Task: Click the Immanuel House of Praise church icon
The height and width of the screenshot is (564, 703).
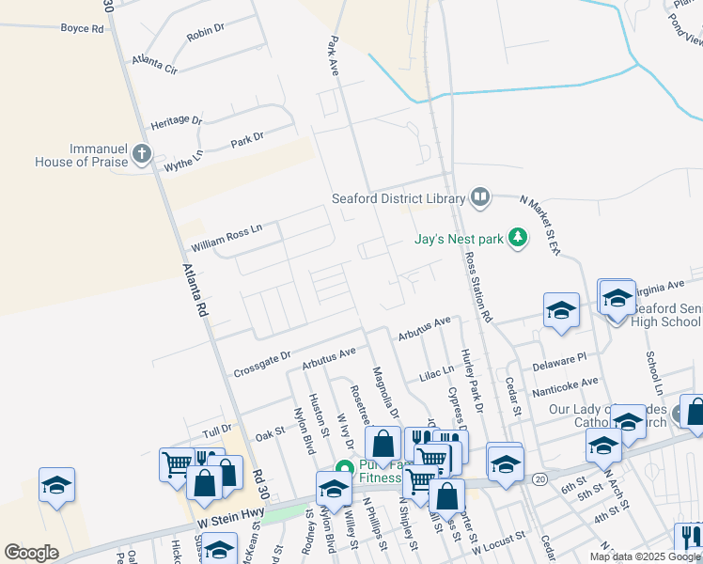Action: pos(142,153)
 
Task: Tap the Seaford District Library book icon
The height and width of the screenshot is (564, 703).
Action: pos(480,197)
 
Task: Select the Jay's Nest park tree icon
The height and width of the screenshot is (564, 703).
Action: pos(517,238)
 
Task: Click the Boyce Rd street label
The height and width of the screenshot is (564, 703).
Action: pos(82,28)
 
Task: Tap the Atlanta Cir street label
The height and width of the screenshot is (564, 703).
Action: pos(155,63)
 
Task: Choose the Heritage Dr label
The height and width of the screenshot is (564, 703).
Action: pos(177,123)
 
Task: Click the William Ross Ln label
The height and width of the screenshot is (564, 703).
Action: pos(227,237)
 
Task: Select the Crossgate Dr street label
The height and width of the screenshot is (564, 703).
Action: pos(260,365)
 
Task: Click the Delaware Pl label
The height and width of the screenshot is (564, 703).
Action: pos(559,357)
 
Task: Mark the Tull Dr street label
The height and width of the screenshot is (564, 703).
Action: pos(216,431)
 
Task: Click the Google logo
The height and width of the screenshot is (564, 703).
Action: pos(31,553)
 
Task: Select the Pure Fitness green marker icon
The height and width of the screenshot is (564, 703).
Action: pos(344,467)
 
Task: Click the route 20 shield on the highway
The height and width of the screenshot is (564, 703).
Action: pos(539,478)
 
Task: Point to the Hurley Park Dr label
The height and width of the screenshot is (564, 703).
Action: pos(471,381)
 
